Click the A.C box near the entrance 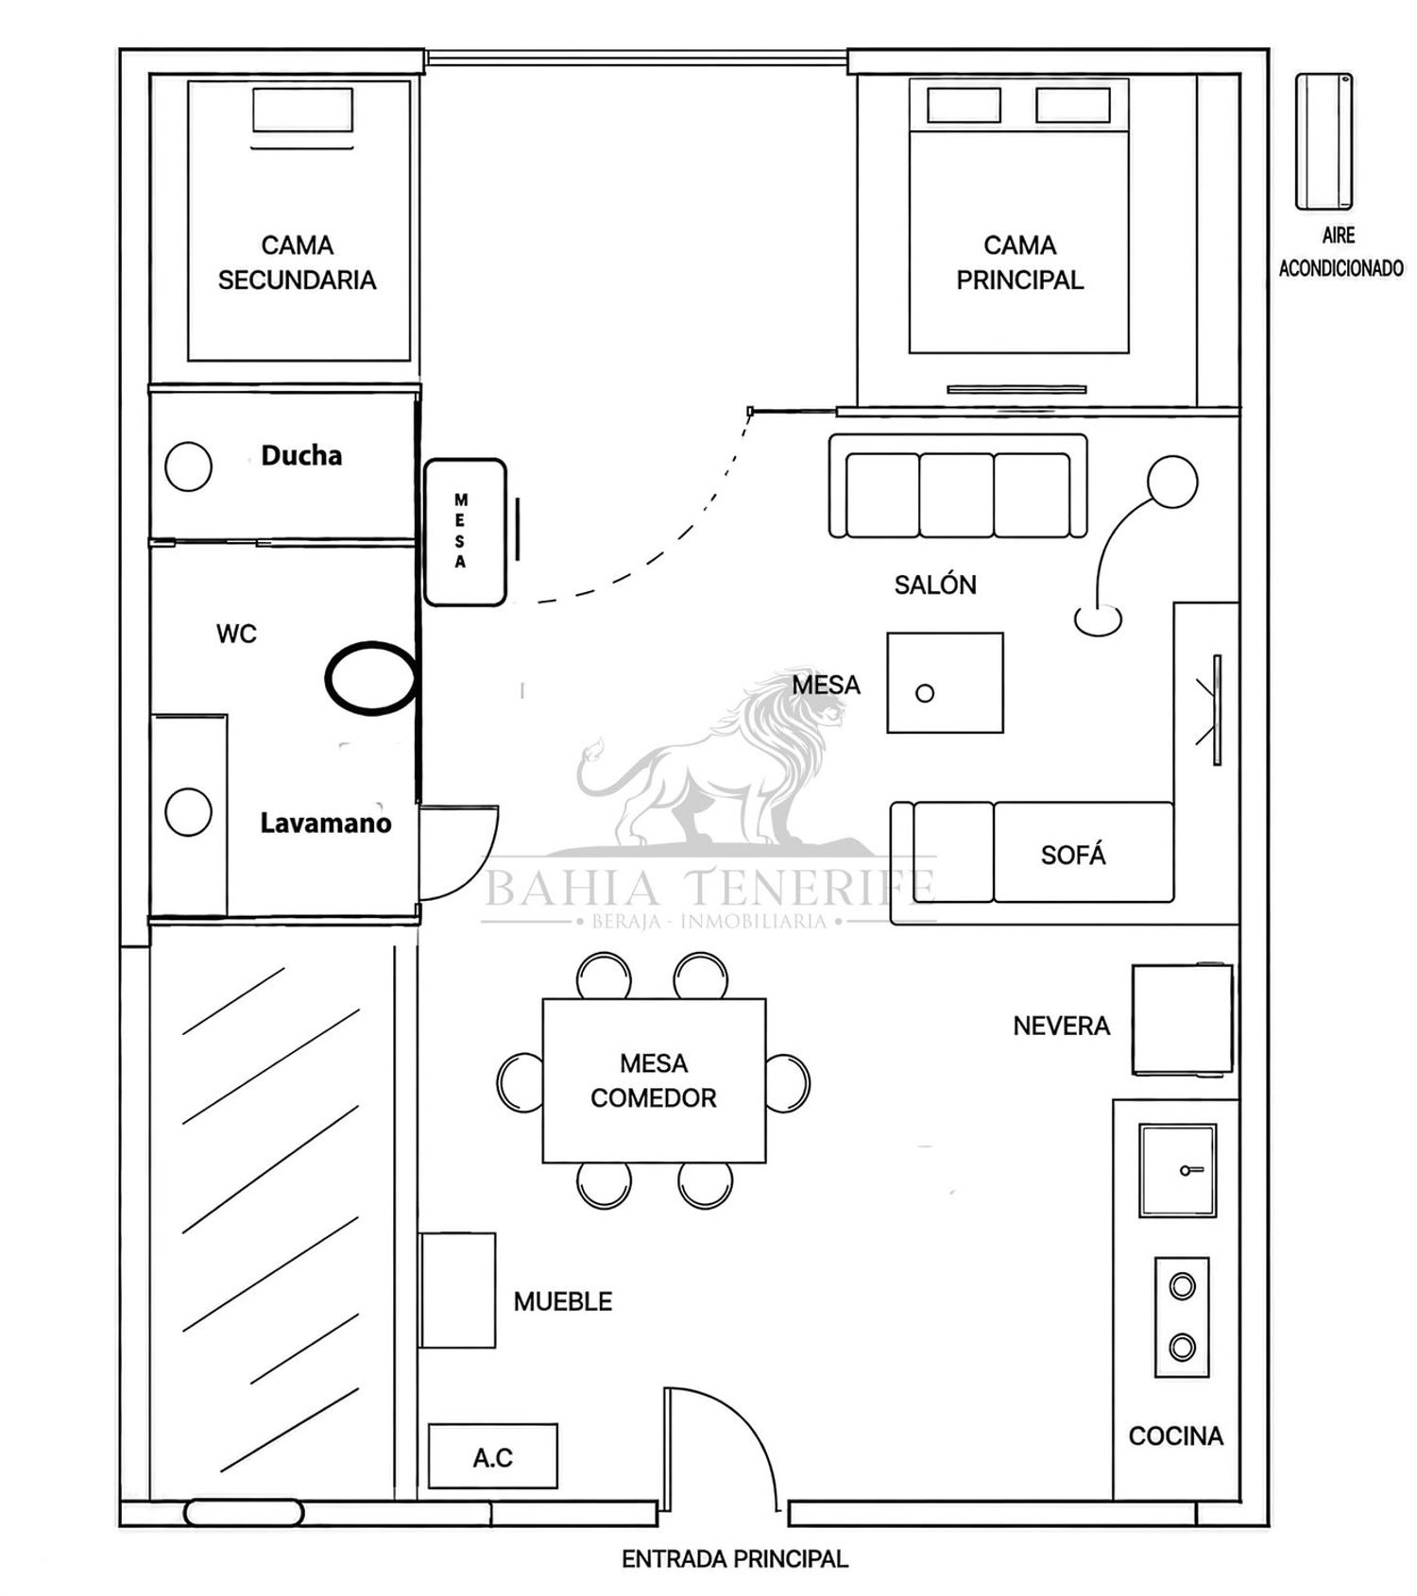coord(492,1456)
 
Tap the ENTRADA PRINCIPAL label coord(734,1558)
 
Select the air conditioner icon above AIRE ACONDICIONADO coord(1323,142)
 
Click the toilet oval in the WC coord(371,677)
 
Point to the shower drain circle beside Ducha coord(188,467)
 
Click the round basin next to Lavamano coord(188,812)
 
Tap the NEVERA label coord(1061,1026)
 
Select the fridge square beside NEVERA coord(1183,1019)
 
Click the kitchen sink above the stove coord(1177,1170)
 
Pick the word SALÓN coord(935,585)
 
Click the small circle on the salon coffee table coord(925,693)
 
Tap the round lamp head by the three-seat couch coord(1172,482)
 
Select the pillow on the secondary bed coord(302,110)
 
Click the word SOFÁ coord(1073,855)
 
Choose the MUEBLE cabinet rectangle coord(457,1290)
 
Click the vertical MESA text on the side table coord(460,531)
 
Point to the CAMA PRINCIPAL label coord(1019,263)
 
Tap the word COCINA coord(1176,1435)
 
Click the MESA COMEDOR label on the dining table coord(654,1080)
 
